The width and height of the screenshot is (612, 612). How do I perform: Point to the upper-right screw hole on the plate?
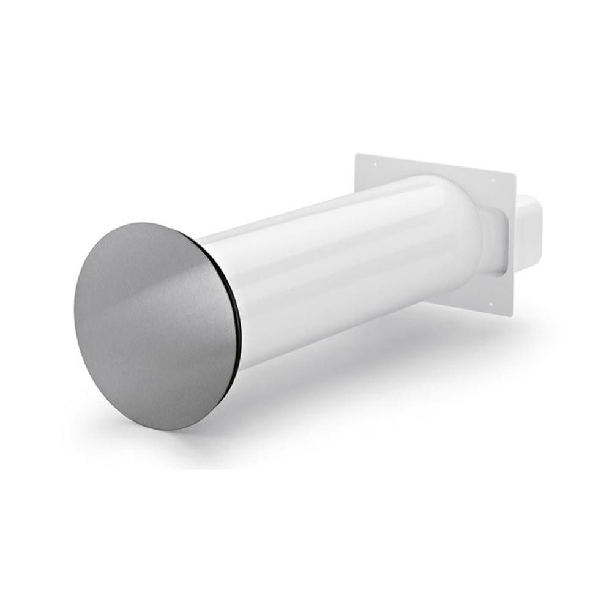(x=492, y=180)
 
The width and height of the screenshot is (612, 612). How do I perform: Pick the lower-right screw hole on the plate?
(x=490, y=304)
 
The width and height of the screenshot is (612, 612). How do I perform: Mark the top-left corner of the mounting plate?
(x=356, y=154)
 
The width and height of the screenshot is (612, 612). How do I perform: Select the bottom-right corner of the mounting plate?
(x=512, y=316)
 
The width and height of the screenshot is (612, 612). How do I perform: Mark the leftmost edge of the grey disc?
(x=75, y=306)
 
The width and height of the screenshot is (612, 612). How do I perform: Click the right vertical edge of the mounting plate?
(x=513, y=245)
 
